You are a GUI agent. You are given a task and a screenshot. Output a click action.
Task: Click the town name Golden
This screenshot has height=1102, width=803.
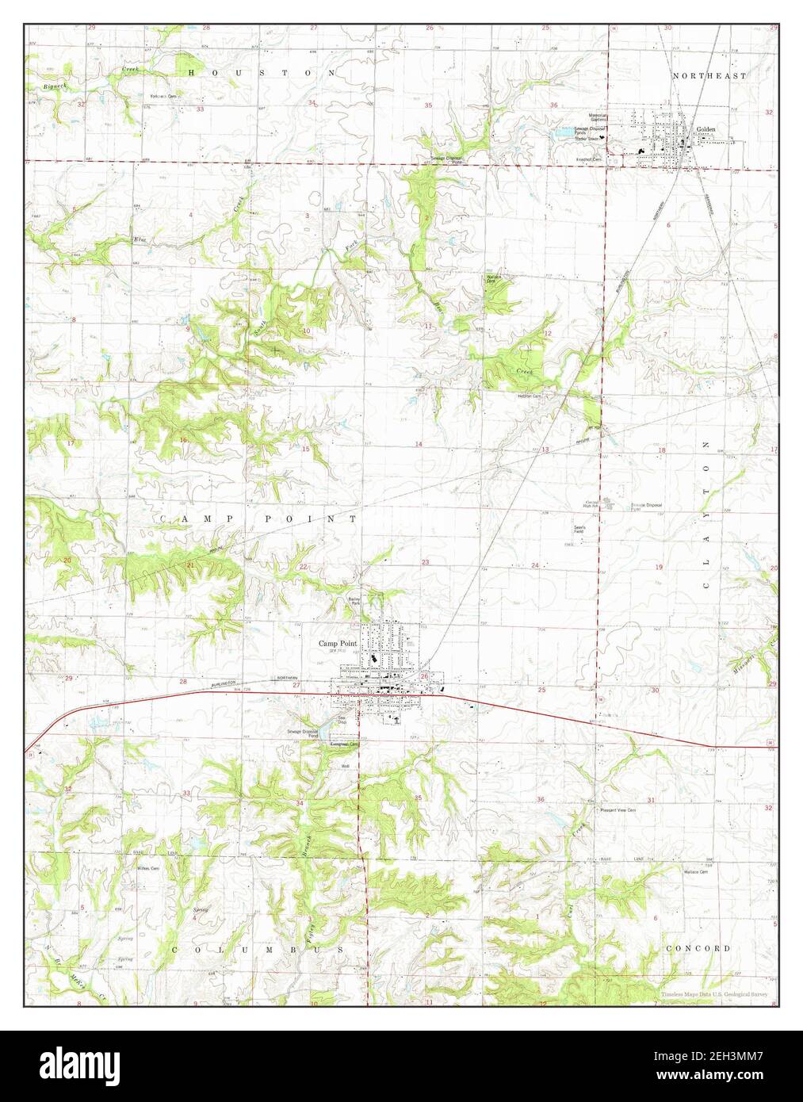(705, 128)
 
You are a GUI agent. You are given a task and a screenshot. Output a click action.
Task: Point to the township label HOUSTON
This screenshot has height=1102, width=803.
(262, 72)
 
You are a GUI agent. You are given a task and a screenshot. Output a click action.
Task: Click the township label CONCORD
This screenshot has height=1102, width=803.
(698, 948)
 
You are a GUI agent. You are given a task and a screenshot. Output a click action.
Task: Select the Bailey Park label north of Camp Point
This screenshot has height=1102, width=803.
(354, 602)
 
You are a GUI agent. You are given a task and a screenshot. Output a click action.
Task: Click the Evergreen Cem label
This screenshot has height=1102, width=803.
(345, 744)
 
